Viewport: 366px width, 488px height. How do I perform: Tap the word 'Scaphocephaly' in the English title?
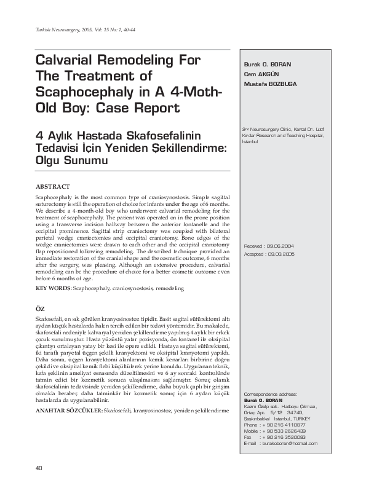point(90,92)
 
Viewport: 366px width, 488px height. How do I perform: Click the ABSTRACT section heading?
point(53,185)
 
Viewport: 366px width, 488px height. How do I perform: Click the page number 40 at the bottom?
point(40,468)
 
